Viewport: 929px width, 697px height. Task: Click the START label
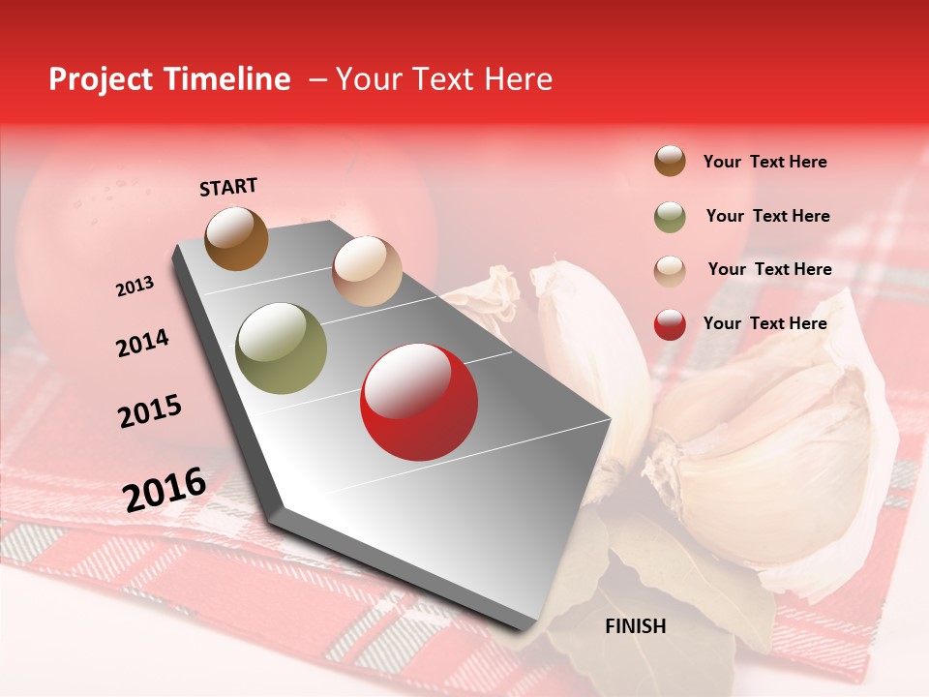tap(228, 187)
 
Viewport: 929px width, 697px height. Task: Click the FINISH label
tap(635, 626)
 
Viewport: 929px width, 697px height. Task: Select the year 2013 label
tap(135, 287)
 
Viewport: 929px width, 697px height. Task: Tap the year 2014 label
tap(142, 343)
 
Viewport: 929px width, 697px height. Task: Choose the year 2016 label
tap(165, 489)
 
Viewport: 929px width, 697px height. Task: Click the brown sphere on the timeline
tap(237, 238)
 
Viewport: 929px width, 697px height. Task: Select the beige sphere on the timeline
tap(367, 271)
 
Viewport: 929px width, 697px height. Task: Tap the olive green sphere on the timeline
tap(282, 348)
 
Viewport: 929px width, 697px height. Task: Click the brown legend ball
tap(670, 162)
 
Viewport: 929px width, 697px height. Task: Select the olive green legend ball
tap(670, 217)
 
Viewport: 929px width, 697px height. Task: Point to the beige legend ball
tap(670, 271)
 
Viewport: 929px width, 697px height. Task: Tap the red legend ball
tap(670, 324)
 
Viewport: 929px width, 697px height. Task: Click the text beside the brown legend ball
tap(764, 162)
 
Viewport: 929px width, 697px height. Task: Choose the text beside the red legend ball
tap(764, 323)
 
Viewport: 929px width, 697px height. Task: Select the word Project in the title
tap(99, 79)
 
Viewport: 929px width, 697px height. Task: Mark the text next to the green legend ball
tap(767, 216)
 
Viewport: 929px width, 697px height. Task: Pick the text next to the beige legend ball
tap(769, 269)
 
